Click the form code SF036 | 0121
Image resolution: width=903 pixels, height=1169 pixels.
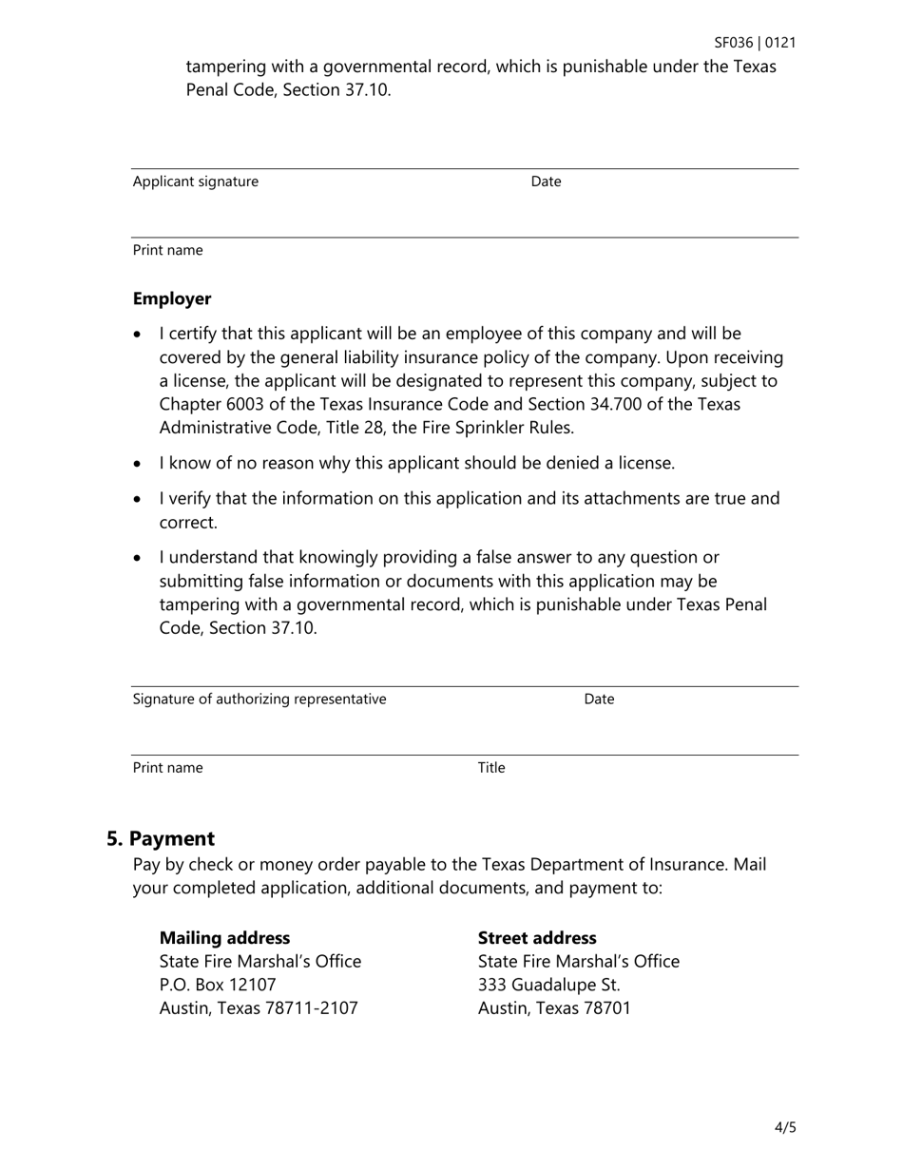[x=755, y=43]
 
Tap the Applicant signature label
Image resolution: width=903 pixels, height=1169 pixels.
[x=195, y=182]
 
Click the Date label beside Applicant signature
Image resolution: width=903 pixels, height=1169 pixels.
[x=546, y=182]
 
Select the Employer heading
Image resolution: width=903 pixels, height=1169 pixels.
[x=172, y=298]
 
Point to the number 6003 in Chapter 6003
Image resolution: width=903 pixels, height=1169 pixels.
[x=240, y=404]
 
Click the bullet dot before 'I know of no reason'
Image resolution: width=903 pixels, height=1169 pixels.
[x=139, y=464]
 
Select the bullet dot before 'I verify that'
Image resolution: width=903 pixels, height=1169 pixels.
[x=139, y=499]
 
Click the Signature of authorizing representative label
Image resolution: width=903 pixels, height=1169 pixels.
[x=259, y=699]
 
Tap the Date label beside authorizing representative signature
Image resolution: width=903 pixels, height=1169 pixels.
[x=599, y=699]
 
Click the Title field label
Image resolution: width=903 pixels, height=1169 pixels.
[x=491, y=768]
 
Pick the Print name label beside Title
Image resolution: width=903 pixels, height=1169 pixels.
[x=167, y=768]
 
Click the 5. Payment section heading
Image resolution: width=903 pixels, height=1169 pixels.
[x=161, y=838]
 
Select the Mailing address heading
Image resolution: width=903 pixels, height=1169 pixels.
[x=224, y=938]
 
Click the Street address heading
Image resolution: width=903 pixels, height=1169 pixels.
[x=537, y=938]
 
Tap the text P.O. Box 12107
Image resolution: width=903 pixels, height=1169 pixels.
[x=218, y=985]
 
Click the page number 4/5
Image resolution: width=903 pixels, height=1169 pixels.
[x=785, y=1128]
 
